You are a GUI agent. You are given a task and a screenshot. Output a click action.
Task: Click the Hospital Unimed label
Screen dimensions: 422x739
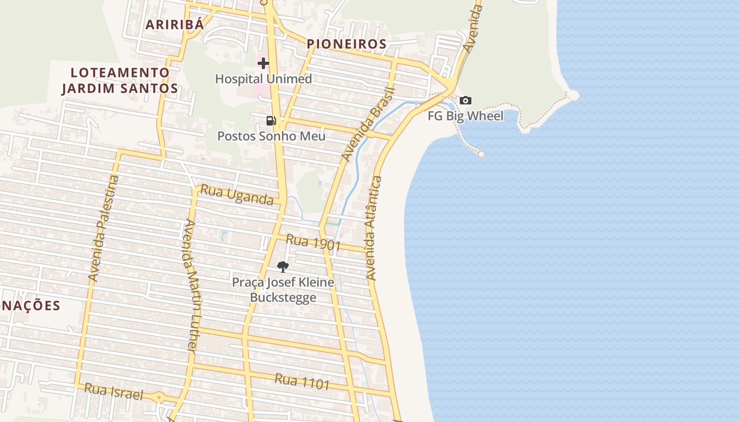(263, 79)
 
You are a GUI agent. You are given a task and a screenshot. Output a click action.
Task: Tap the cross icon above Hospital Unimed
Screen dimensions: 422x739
(263, 64)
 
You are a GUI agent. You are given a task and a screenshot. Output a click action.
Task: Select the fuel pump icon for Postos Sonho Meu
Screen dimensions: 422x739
(271, 121)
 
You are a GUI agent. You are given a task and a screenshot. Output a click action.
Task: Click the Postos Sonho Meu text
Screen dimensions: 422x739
(271, 136)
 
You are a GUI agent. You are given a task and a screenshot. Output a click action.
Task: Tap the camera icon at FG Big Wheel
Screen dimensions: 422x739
(466, 100)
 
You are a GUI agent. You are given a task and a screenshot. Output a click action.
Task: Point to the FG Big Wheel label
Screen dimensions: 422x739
(466, 116)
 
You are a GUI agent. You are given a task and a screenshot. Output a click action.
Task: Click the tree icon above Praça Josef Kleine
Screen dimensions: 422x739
(283, 266)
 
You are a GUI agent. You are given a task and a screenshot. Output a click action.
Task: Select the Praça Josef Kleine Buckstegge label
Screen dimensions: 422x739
(283, 290)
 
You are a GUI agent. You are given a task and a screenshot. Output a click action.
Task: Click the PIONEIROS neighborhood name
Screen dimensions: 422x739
(347, 44)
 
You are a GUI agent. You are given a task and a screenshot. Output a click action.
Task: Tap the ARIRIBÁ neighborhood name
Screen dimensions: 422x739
(174, 25)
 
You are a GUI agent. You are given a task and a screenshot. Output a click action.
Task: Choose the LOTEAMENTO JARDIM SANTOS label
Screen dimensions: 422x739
(120, 80)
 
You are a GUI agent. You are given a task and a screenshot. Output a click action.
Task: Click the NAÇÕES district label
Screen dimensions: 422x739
(31, 306)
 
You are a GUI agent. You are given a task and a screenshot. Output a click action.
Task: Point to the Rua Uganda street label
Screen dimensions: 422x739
(237, 195)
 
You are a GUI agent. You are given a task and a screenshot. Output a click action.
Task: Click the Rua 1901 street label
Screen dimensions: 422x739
(313, 243)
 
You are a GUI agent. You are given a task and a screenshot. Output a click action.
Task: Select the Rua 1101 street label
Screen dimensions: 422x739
(302, 381)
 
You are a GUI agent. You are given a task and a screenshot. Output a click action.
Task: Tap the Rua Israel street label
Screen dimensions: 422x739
(113, 391)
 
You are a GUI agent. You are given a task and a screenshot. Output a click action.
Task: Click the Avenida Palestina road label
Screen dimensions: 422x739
(103, 228)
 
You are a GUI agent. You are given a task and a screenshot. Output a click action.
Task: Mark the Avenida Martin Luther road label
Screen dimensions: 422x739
(191, 285)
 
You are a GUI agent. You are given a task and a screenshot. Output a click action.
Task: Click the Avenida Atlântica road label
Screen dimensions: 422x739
(374, 228)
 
